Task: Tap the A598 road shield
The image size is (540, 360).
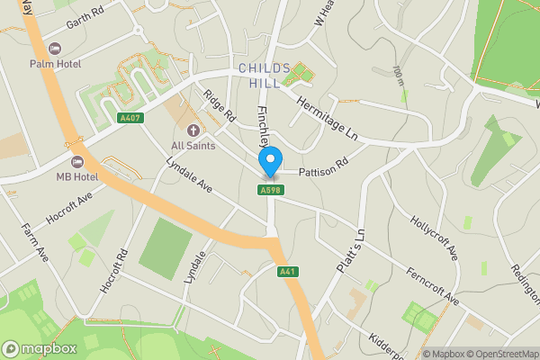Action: pos(268,190)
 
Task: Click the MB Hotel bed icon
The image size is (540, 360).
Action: pos(76,161)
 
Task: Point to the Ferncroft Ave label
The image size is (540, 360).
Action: pos(432,285)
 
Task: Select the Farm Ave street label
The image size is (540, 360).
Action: pos(34,243)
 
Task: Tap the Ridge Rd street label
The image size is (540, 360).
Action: pos(219,106)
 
